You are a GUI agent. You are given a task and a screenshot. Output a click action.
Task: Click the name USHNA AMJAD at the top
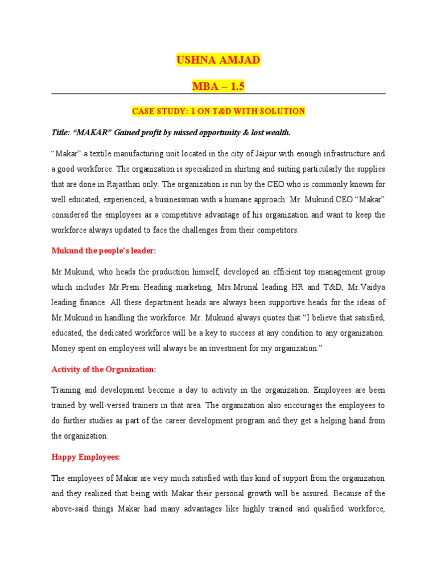(x=218, y=60)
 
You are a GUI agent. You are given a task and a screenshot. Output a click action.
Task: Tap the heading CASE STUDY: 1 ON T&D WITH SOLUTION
(x=218, y=111)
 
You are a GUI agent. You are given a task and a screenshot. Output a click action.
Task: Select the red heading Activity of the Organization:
(x=104, y=369)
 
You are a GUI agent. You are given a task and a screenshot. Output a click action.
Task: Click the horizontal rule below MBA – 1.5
(x=218, y=94)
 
